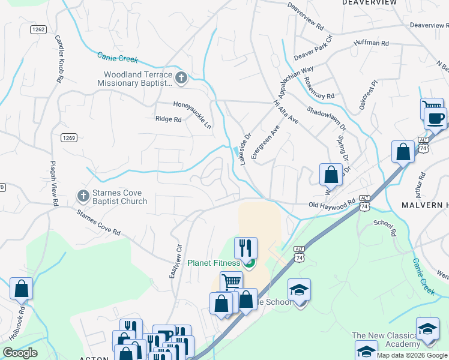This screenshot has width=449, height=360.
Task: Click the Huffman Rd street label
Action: point(372,43)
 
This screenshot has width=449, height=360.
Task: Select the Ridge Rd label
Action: point(169,119)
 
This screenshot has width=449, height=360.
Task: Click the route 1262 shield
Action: point(38,29)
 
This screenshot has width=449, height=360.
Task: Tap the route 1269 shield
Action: point(68,137)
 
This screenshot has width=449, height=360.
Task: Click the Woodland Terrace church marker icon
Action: point(181,77)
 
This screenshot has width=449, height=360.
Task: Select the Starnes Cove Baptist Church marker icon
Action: point(83,195)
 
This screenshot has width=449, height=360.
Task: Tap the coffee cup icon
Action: point(435,116)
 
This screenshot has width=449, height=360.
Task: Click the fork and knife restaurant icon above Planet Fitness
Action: point(245,247)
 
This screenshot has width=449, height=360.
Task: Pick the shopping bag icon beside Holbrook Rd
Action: point(22,288)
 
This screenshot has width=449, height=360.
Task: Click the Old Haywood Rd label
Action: point(332,205)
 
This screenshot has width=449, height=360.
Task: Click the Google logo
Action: point(20,353)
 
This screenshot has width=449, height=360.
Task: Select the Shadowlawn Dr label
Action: point(326,118)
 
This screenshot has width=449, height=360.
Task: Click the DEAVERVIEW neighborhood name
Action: point(369,3)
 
